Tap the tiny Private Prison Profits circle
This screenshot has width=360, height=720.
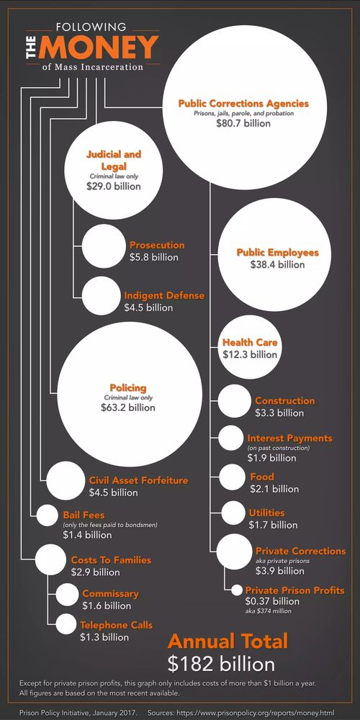236,590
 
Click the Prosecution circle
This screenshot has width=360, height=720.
101,245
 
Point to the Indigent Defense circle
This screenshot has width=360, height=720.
101,295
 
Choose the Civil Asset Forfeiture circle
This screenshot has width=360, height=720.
66,481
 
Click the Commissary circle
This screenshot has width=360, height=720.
66,594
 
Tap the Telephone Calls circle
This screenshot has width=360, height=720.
66,625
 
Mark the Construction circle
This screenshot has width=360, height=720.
234,402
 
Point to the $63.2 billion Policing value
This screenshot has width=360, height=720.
127,408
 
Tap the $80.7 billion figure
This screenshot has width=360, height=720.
243,123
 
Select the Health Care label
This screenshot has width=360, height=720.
250,343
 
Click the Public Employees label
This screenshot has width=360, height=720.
277,253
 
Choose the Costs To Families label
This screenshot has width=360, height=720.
111,559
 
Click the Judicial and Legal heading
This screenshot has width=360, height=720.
113,160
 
